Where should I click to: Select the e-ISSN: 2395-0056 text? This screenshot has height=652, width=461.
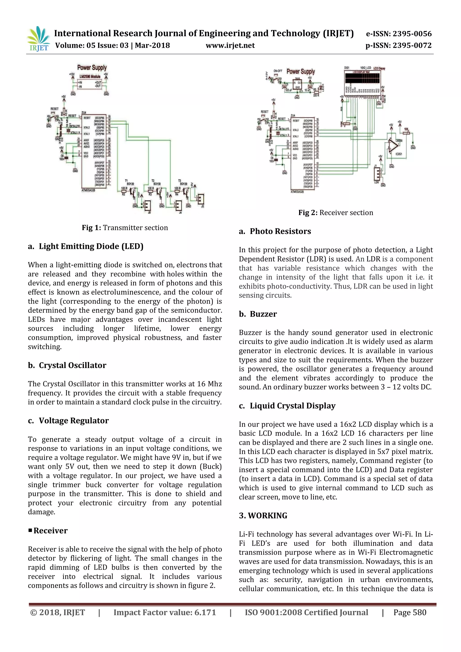pyautogui.click(x=399, y=34)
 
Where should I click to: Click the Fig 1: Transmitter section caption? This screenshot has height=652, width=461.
pyautogui.click(x=125, y=228)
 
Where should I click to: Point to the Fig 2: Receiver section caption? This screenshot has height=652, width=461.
pyautogui.click(x=336, y=213)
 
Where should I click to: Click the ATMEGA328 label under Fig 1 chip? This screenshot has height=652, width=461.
pyautogui.click(x=88, y=190)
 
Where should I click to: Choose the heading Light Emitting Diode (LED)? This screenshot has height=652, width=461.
pyautogui.click(x=91, y=246)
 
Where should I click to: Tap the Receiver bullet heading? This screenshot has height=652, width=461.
pyautogui.click(x=50, y=531)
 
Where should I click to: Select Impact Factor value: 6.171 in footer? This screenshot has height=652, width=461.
pyautogui.click(x=165, y=613)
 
